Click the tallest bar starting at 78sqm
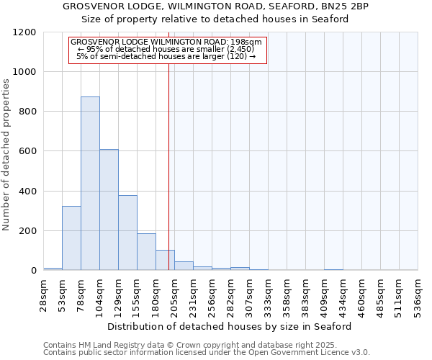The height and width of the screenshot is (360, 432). point(90,184)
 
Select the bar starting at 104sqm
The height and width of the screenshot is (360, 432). point(109,210)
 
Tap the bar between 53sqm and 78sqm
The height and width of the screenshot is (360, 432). point(71,238)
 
